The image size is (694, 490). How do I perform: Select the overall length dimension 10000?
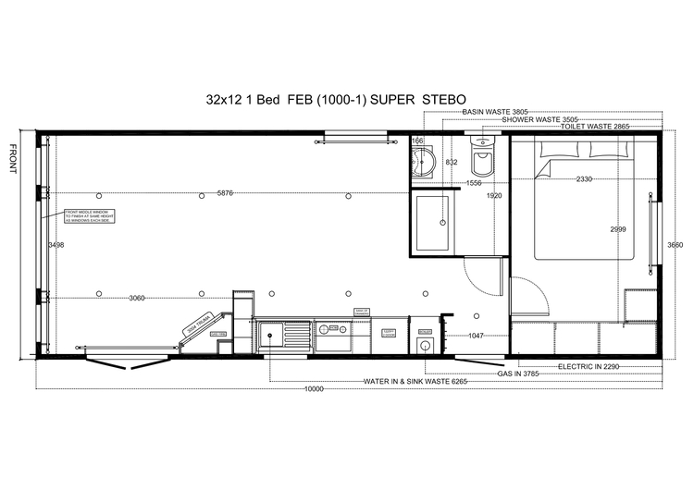[315, 389]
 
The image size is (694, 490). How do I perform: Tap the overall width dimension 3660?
[675, 245]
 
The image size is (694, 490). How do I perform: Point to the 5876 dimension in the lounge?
[225, 193]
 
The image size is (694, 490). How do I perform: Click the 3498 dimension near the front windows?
[56, 245]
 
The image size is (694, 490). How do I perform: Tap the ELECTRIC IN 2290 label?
[593, 366]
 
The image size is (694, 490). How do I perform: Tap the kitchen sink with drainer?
[278, 332]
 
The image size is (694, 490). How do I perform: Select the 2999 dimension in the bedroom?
[621, 228]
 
